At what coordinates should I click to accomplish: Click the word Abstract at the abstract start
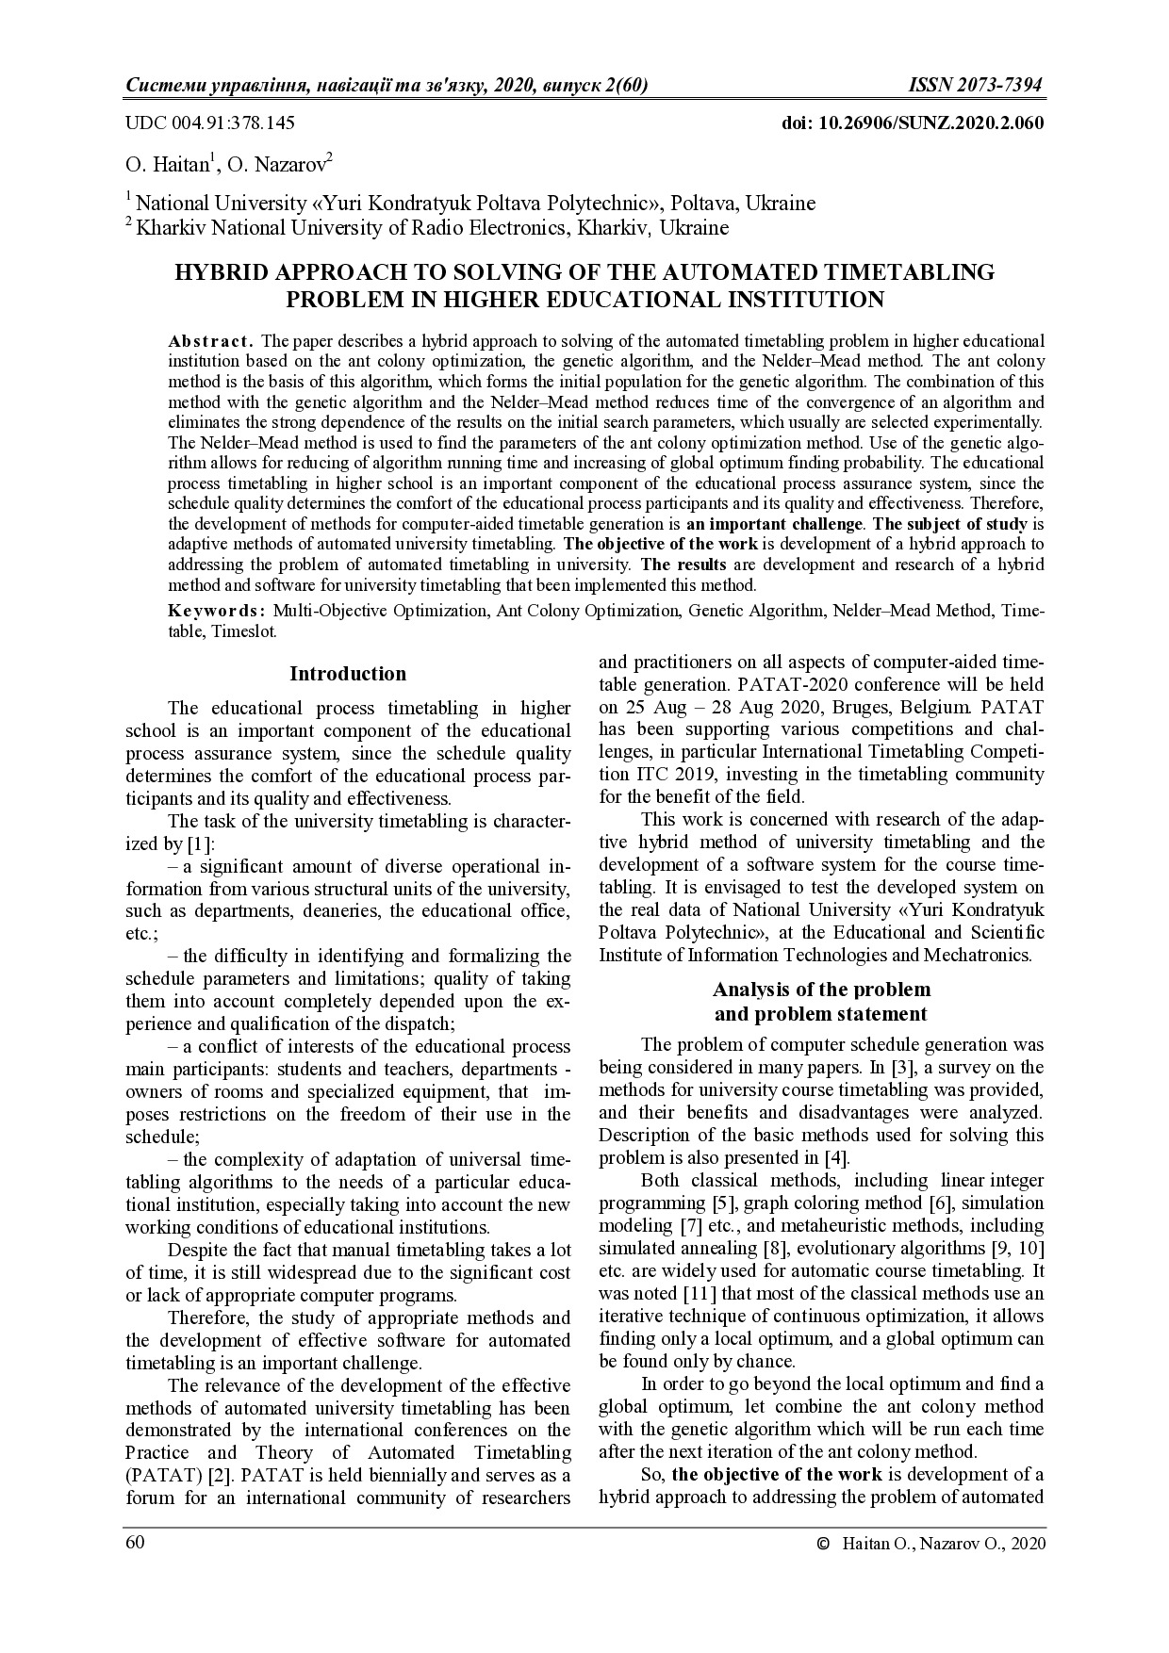[209, 340]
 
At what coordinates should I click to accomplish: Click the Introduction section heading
[348, 674]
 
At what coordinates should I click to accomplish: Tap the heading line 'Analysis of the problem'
[821, 990]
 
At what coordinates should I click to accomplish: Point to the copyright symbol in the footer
[823, 1544]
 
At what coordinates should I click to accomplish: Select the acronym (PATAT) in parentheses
[158, 1475]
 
